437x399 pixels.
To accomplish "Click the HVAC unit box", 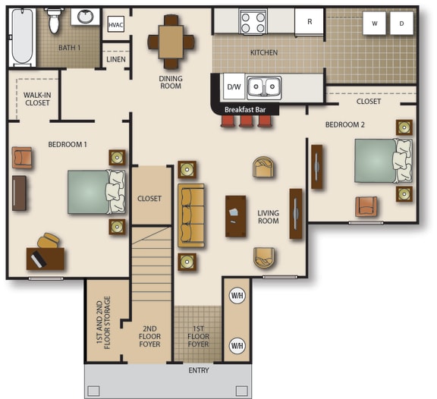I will tap(115, 25).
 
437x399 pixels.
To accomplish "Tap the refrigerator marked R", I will tap(310, 22).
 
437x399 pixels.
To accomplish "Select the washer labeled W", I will tap(374, 24).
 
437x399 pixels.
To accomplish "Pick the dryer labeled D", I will tap(401, 24).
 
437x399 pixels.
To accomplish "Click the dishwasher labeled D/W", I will tap(234, 87).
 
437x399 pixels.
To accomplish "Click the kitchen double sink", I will tap(263, 87).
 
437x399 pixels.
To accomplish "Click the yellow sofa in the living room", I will tap(191, 215).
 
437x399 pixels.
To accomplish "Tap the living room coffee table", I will tap(236, 216).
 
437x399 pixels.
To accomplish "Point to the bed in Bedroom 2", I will tap(382, 161).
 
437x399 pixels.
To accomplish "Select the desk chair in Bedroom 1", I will tap(50, 241).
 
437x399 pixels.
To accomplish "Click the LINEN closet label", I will tap(115, 58).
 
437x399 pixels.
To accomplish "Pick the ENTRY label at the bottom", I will tap(199, 370).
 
